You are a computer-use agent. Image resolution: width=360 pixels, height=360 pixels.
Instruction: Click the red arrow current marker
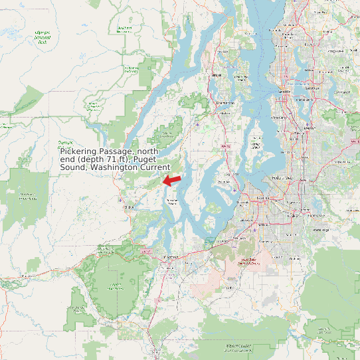[172, 180]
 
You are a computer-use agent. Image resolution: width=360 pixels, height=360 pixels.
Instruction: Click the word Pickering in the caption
[79, 152]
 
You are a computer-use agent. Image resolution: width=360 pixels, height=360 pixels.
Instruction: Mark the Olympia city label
[170, 256]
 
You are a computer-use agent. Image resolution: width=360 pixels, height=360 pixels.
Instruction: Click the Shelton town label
[128, 207]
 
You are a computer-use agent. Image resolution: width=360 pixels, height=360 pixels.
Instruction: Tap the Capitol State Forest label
[117, 286]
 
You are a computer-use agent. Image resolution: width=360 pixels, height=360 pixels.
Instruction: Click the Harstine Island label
[173, 201]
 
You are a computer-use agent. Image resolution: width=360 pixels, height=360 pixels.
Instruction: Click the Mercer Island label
[305, 107]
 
